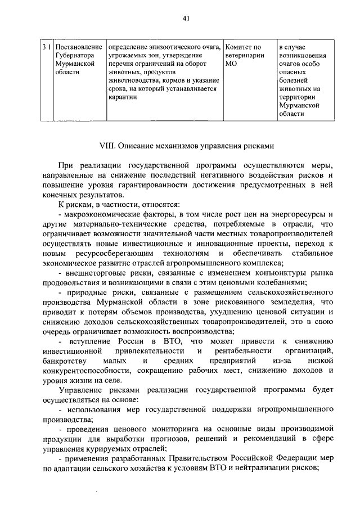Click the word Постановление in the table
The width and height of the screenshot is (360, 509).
[x=79, y=46]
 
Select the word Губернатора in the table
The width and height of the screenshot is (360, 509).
[x=75, y=55]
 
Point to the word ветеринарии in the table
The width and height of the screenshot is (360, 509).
[x=244, y=55]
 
